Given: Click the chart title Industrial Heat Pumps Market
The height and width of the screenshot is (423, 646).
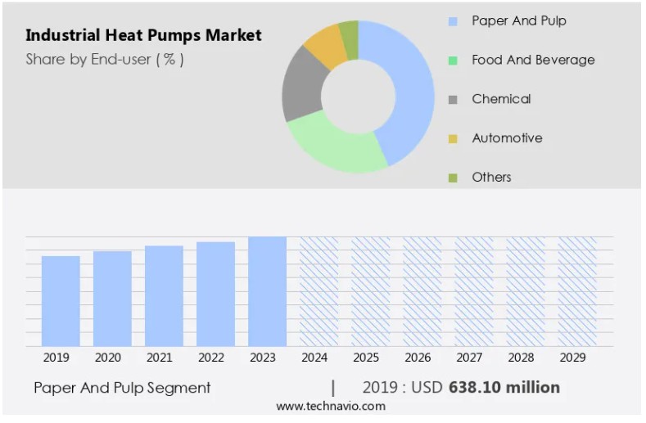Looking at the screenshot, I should [x=143, y=35].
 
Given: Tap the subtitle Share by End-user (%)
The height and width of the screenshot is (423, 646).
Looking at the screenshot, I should [x=104, y=59].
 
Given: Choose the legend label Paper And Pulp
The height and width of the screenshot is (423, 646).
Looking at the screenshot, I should [x=518, y=20].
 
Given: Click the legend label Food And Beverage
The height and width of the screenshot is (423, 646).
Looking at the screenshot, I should [x=533, y=60].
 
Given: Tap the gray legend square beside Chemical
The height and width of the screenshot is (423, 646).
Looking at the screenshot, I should [x=453, y=100].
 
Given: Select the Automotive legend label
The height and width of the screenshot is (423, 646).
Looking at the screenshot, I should [x=507, y=138].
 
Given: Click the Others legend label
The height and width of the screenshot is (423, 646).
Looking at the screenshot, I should [x=491, y=178].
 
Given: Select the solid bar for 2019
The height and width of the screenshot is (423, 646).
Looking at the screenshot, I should [x=61, y=300].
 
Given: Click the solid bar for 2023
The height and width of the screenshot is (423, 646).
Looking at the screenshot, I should [x=267, y=290].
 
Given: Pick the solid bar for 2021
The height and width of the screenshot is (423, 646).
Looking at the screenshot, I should [x=164, y=295].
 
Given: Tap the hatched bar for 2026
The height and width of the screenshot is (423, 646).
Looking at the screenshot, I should [x=422, y=290].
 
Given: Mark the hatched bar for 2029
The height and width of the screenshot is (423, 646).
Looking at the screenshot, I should [x=577, y=290].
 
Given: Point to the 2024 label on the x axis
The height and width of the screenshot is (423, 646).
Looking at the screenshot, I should [x=314, y=358].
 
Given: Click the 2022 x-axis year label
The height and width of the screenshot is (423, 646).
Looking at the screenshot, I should [x=211, y=358].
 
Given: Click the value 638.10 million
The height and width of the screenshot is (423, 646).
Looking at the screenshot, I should [x=504, y=387].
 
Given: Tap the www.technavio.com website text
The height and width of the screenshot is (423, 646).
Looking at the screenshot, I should [x=330, y=407].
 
